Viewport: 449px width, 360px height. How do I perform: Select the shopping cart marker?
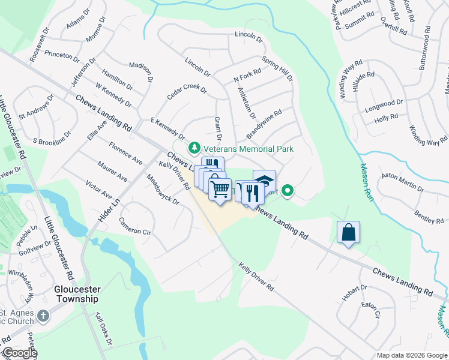220,190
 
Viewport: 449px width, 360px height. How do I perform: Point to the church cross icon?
43,315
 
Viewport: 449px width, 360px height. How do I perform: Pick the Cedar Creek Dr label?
186,97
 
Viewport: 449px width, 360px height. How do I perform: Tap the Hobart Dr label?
356,293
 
